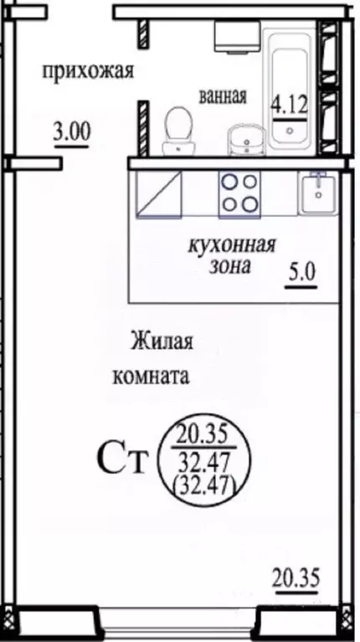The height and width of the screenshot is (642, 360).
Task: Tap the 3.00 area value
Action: (x=71, y=131)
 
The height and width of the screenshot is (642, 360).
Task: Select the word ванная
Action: (x=223, y=96)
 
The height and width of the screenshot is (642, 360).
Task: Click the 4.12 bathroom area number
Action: (x=287, y=106)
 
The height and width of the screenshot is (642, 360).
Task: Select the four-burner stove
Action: (x=238, y=193)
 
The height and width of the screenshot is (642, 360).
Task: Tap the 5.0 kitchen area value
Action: (x=298, y=273)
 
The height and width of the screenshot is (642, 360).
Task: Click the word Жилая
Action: (x=162, y=342)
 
